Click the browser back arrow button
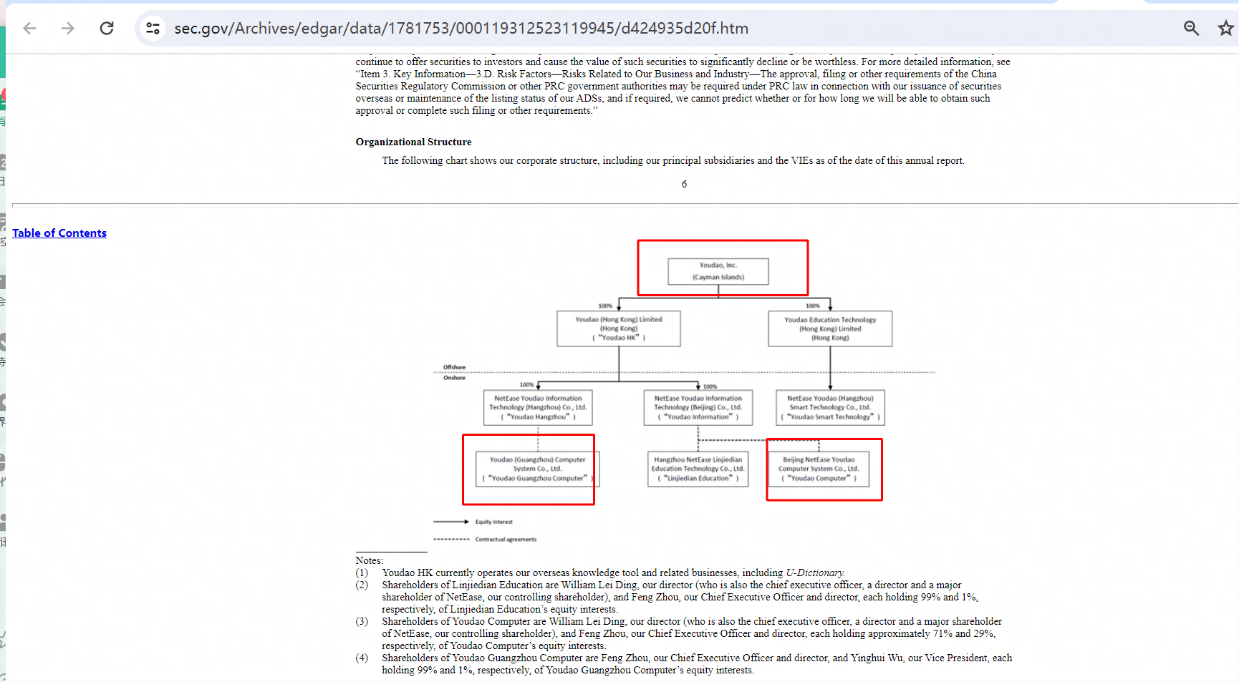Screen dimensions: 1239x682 pos(29,28)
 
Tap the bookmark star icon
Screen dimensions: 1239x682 pos(1225,28)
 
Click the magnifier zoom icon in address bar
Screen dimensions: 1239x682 pos(1191,28)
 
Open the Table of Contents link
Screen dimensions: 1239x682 pos(59,233)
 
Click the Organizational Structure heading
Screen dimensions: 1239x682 pos(413,142)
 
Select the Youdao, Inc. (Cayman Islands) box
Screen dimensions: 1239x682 pos(718,271)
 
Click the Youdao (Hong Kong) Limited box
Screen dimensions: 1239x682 pos(619,328)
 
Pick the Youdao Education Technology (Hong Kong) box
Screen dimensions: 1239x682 pos(830,328)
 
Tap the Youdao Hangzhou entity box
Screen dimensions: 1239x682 pos(538,407)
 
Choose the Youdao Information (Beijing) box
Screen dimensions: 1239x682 pos(698,407)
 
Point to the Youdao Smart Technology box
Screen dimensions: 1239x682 pos(830,407)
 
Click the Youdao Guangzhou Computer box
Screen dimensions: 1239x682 pos(537,469)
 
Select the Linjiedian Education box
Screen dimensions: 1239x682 pos(698,469)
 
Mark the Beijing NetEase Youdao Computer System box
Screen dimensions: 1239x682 pos(819,469)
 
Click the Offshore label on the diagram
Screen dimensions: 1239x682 pos(454,367)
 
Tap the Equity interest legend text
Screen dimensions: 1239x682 pos(493,522)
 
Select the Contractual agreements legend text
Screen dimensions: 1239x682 pos(506,540)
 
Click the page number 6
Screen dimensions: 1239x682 pos(684,185)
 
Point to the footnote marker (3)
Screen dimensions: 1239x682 pos(362,621)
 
